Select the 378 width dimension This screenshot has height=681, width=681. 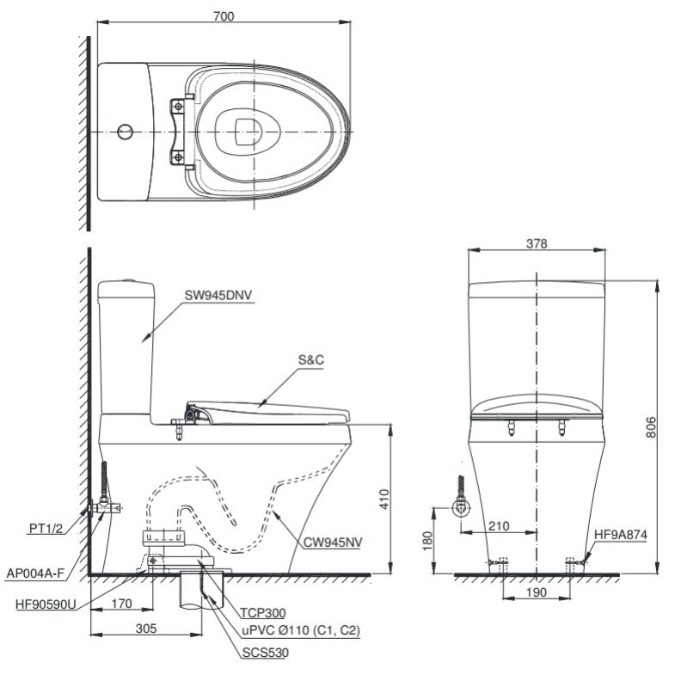coord(536,243)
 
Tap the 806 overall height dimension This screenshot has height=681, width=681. coord(652,427)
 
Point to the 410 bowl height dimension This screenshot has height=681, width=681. coord(384,499)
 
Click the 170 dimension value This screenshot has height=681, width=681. coord(121,604)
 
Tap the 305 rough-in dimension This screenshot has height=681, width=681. coord(146,629)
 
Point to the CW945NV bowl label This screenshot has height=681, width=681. coord(332,543)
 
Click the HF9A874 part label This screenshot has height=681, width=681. coord(621,535)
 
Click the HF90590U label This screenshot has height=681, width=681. coord(44,604)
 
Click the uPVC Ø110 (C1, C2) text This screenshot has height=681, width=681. coord(300,631)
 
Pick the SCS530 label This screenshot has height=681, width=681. coord(266,653)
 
